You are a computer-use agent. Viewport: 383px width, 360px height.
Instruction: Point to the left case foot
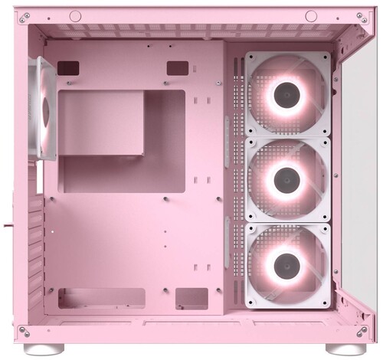39,348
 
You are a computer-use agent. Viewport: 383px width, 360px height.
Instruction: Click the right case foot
338,348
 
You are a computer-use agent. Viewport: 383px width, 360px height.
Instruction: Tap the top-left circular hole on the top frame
75,16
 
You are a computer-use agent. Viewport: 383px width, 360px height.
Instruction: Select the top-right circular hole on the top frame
310,16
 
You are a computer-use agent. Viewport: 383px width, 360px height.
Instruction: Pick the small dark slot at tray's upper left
68,67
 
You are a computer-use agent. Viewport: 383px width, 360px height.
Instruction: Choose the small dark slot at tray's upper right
178,67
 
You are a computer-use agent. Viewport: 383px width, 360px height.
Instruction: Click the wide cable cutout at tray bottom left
103,298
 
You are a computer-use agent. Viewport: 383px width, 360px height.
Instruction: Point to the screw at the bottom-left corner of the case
23,331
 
